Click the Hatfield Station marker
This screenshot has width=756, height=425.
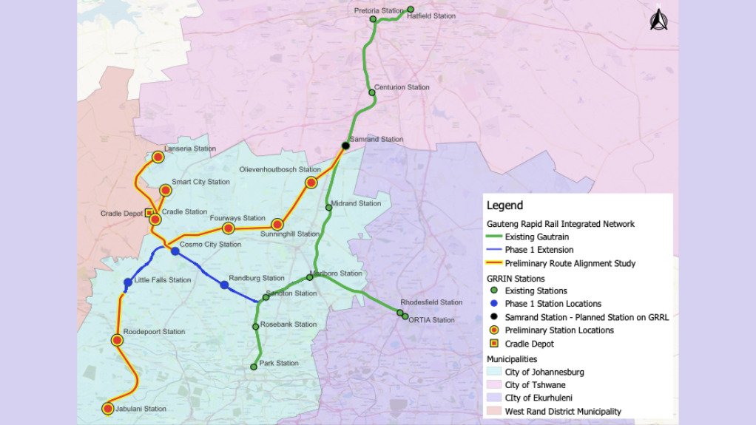tap(411, 10)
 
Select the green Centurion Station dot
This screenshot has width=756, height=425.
tap(372, 92)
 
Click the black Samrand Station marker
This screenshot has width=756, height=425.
tap(345, 145)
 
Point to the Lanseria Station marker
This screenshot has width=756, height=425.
tap(158, 157)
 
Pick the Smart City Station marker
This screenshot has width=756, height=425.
tap(166, 190)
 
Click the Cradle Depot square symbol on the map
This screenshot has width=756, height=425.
tap(149, 213)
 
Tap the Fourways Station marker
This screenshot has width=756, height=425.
tap(229, 228)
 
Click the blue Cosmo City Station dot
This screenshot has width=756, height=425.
tap(175, 251)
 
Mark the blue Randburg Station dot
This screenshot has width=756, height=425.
tap(224, 285)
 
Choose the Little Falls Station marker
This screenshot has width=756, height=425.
tap(128, 282)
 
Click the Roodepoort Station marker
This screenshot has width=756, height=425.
tap(117, 340)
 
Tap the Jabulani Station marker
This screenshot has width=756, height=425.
tap(108, 409)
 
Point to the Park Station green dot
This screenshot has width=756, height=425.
tap(254, 366)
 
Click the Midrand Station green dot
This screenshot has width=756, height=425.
tap(328, 208)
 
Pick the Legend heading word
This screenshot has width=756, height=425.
tap(504, 205)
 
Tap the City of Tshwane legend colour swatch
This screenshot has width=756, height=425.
tap(493, 384)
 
